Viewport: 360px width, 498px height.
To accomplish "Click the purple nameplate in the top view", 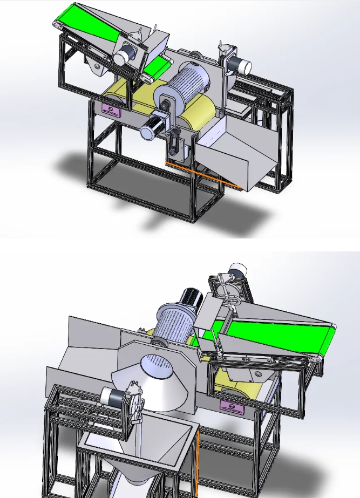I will (112, 110).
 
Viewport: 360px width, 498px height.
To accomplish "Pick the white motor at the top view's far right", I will (241, 66).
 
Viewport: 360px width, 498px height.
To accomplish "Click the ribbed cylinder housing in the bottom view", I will (174, 324).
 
